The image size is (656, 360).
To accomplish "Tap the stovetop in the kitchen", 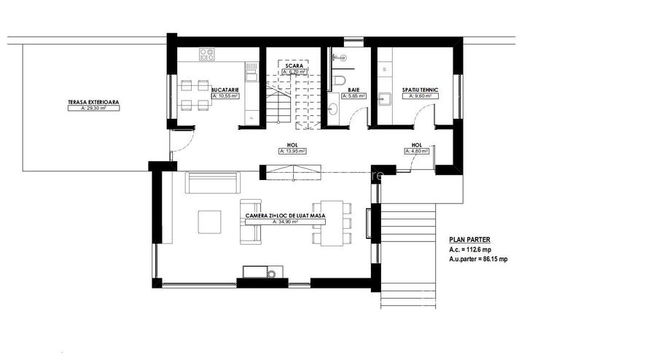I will point(207,53).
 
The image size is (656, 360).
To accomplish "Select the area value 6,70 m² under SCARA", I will point(295,72).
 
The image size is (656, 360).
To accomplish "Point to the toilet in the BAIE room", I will point(340,80).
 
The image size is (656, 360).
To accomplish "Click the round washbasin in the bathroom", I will point(334,109).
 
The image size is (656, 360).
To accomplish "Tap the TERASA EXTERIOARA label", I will point(94,102).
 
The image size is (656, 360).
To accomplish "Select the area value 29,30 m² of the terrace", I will point(94,108).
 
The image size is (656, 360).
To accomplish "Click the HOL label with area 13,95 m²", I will point(292,145).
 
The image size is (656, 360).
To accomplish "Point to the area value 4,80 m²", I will point(416,151).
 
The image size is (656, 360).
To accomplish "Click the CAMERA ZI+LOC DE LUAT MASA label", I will point(285,216).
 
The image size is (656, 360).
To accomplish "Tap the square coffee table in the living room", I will point(210,221).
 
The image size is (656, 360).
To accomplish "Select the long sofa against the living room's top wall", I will point(212,182).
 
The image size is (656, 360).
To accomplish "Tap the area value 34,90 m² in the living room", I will point(285,222).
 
